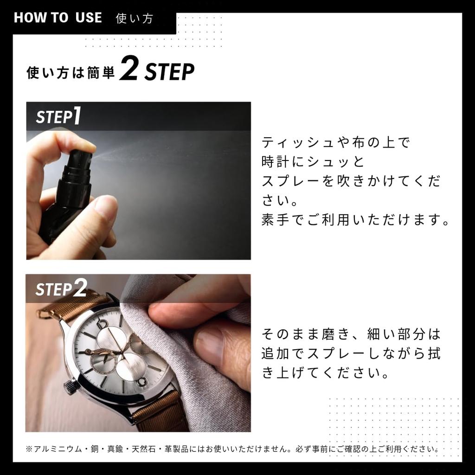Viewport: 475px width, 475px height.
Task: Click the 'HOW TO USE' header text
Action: [58, 18]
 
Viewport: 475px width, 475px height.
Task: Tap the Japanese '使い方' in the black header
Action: [135, 19]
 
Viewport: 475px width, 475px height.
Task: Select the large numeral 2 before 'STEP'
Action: [128, 70]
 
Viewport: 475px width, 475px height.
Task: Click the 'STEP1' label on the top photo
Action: [58, 116]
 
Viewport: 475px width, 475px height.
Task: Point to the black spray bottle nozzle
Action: [81, 160]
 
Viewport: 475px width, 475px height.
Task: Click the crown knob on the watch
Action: [71, 386]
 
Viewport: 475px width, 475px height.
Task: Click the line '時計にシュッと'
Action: [313, 162]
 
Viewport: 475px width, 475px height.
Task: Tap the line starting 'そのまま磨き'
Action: [351, 334]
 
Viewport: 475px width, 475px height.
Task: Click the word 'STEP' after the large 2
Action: [169, 72]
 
